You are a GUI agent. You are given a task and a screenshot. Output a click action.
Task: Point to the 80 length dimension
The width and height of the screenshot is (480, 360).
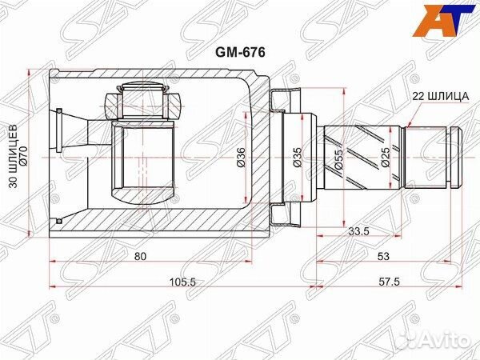(141, 256)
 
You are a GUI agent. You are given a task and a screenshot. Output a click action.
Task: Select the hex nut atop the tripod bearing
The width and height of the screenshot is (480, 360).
(174, 102)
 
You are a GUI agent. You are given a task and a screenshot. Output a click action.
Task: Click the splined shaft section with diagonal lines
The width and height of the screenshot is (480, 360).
(360, 157)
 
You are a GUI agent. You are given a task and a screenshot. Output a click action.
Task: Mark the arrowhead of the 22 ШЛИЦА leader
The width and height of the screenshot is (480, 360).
(407, 126)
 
